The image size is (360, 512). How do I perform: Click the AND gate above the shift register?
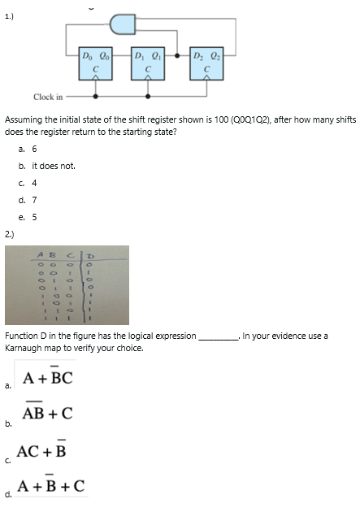(x=123, y=24)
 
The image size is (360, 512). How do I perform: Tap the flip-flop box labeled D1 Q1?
(x=148, y=63)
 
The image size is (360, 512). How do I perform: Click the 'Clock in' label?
(x=48, y=97)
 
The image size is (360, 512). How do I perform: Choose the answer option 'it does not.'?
(x=54, y=166)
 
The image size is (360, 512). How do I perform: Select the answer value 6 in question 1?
(x=34, y=149)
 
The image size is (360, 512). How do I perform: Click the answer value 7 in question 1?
(x=34, y=200)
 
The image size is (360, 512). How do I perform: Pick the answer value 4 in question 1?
(x=34, y=183)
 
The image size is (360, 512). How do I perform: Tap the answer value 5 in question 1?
(x=34, y=217)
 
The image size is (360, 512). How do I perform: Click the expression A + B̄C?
(x=48, y=378)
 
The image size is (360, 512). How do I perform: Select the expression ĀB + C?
(x=48, y=414)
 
